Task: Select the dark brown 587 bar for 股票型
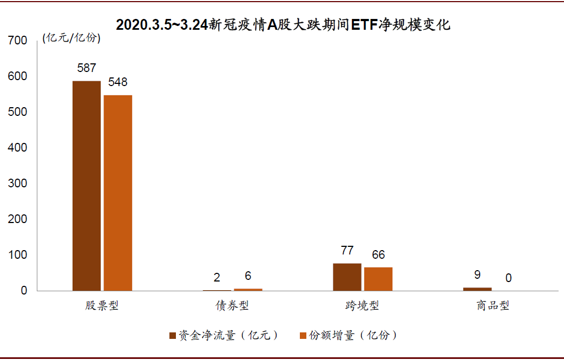(x=87, y=186)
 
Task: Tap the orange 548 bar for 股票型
(x=118, y=193)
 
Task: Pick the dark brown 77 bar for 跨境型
(x=347, y=277)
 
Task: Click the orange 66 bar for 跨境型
(x=378, y=279)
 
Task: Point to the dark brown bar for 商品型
(x=477, y=289)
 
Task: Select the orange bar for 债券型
(x=248, y=290)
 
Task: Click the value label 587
(x=87, y=68)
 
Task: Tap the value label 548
(x=117, y=82)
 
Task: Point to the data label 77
(x=347, y=251)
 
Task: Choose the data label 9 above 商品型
(x=477, y=275)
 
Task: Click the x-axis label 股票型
(x=102, y=306)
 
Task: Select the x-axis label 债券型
(x=232, y=306)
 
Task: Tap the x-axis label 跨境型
(x=362, y=306)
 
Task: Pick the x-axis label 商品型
(x=493, y=306)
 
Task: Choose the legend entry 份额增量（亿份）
(x=349, y=336)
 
